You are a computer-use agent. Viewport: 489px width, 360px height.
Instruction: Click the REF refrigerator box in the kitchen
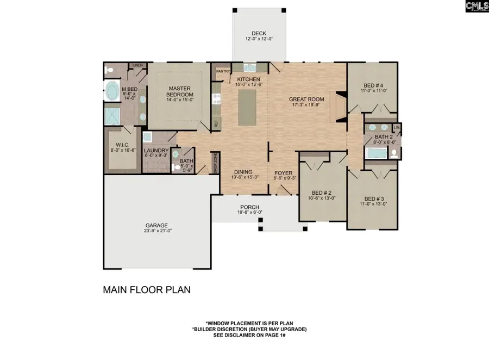[216, 123]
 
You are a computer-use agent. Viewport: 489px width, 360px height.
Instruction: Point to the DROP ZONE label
[215, 162]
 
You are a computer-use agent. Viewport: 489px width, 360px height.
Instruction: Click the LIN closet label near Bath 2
[397, 127]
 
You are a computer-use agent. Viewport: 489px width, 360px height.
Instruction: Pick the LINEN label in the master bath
[137, 65]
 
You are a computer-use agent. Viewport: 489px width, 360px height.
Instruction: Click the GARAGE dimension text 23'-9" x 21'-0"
[156, 232]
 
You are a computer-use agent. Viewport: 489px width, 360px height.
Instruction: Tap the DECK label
[259, 33]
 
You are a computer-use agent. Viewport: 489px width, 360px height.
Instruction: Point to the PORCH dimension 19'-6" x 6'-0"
[250, 214]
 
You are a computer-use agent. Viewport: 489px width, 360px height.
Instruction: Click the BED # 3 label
[374, 198]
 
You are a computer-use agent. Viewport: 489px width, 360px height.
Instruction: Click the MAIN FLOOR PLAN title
[147, 290]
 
